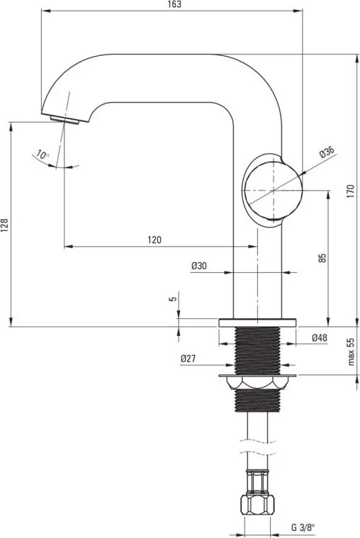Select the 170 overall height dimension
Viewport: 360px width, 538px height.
pyautogui.click(x=350, y=191)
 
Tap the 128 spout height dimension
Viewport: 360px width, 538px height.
pyautogui.click(x=6, y=225)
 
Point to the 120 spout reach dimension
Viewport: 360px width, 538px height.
pyautogui.click(x=154, y=240)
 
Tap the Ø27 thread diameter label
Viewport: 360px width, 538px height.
pyautogui.click(x=188, y=359)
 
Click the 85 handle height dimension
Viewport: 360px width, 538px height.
pyautogui.click(x=322, y=258)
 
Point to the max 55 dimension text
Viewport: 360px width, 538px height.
pyautogui.click(x=350, y=352)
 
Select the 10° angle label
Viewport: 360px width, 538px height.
pyautogui.click(x=44, y=155)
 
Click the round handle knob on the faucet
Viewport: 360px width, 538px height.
pyautogui.click(x=273, y=191)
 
